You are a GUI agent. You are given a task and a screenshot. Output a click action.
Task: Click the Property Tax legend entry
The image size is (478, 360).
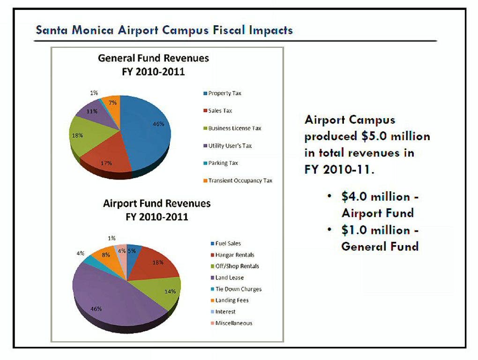click(224, 93)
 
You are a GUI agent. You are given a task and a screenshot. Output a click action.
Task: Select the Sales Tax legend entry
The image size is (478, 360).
click(220, 111)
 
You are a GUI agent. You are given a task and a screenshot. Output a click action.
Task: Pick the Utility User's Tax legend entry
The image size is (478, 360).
click(230, 146)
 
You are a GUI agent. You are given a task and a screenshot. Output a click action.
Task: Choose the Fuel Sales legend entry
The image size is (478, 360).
click(228, 243)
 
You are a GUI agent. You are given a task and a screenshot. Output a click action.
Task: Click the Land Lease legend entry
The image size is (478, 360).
click(230, 277)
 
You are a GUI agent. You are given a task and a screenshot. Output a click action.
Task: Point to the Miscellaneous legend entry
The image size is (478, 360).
click(233, 323)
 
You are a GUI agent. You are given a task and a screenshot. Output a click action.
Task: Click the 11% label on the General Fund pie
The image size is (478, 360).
click(92, 112)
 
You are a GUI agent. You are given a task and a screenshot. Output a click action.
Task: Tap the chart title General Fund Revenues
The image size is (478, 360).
click(153, 59)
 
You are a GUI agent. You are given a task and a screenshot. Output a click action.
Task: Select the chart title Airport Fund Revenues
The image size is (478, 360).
click(157, 203)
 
